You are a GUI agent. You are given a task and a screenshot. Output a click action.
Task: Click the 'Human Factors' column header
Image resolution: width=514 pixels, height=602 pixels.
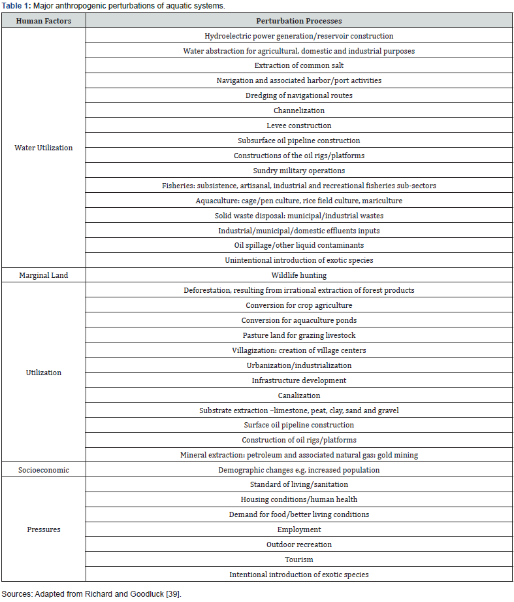point(43,21)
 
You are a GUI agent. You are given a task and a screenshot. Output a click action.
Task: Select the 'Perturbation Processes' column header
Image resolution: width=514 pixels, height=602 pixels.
point(298,21)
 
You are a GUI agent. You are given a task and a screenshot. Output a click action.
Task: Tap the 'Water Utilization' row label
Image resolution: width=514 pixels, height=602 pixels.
point(43,148)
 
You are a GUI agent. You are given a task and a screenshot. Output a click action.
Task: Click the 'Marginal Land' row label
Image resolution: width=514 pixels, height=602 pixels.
point(43,275)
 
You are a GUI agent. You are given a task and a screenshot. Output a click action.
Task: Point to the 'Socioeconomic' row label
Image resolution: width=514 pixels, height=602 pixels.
point(43,470)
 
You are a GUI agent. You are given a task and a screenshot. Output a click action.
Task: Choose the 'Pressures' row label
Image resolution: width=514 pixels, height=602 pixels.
point(43,529)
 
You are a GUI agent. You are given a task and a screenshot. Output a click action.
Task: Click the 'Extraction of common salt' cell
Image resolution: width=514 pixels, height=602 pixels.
point(298,65)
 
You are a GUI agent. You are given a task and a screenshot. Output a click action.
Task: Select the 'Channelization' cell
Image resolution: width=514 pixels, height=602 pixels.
point(298,110)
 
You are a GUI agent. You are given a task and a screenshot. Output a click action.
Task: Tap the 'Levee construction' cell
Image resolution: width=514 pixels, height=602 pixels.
point(298,125)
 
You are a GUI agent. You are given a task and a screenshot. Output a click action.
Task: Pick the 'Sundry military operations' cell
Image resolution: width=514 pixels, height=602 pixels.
point(298,171)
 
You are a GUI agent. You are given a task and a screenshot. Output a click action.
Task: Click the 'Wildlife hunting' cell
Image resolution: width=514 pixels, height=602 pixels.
point(298,275)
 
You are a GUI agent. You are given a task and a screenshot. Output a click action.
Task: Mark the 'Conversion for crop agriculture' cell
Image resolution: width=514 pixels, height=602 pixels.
point(298,305)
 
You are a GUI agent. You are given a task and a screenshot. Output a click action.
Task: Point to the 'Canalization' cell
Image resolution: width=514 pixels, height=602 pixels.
point(298,395)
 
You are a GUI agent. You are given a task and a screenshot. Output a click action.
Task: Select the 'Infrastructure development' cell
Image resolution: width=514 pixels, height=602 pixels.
point(298,380)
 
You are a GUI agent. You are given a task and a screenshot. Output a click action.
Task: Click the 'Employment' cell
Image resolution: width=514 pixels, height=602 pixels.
point(298,529)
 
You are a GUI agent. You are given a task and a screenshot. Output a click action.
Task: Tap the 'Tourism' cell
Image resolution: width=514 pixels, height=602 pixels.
point(298,560)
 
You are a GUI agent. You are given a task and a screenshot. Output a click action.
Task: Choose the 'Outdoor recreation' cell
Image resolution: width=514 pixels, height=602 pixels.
point(298,544)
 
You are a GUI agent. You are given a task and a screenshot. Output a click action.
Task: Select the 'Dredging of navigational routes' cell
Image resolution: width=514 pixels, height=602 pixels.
point(298,95)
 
